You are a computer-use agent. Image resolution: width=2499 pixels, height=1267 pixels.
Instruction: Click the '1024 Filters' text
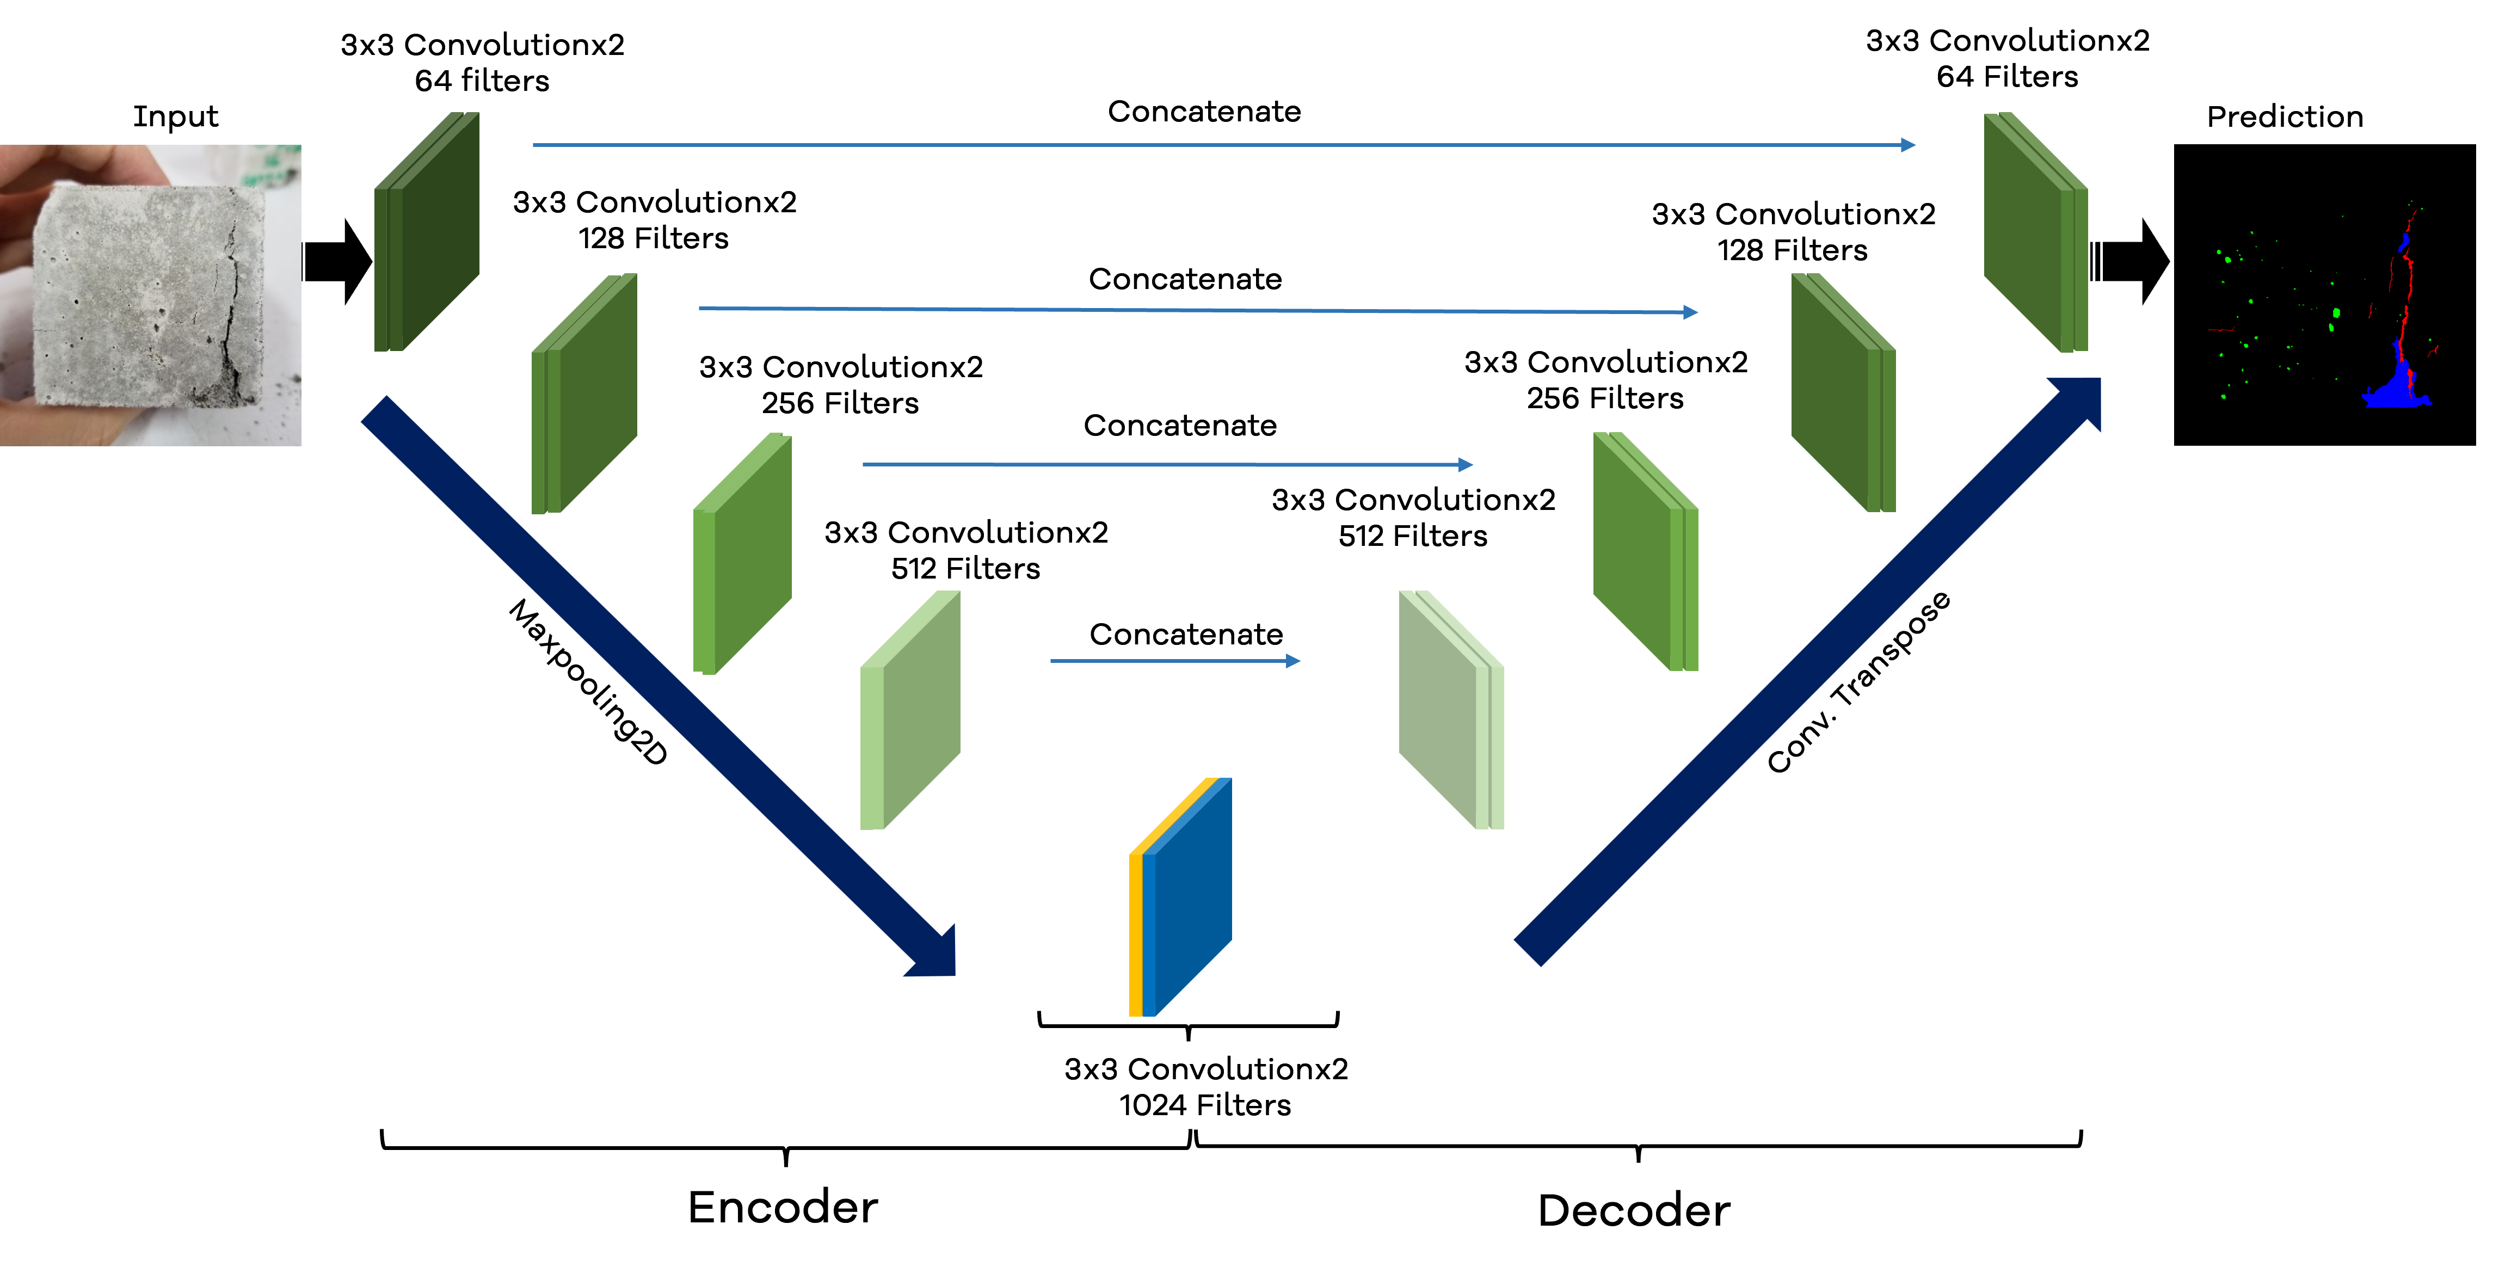point(1205,1105)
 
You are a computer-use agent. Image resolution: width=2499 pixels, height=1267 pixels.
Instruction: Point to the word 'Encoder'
point(783,1207)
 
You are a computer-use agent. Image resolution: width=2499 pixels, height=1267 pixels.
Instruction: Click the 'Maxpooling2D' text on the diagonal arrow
point(589,682)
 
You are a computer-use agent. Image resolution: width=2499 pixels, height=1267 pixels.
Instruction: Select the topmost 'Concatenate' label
point(1204,112)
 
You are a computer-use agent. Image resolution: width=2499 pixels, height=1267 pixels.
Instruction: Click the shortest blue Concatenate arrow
point(1174,661)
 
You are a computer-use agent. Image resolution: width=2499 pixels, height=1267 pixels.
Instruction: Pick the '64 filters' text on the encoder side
point(482,81)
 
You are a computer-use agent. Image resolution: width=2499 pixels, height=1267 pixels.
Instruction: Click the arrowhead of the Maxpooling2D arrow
point(936,956)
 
